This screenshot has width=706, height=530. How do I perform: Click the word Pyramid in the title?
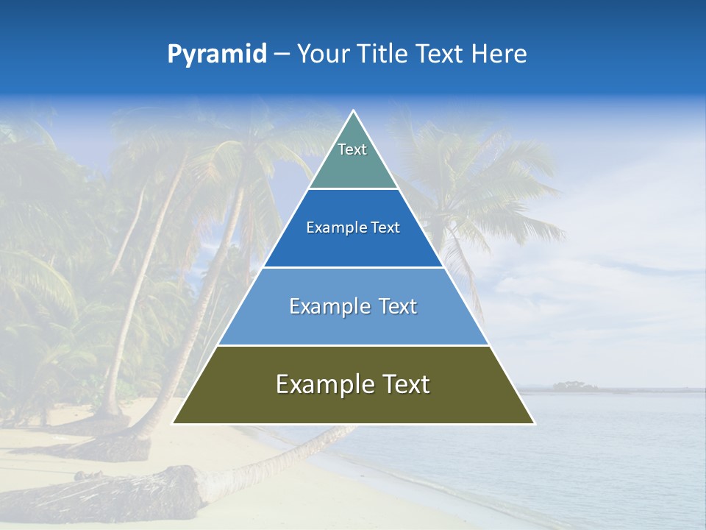click(x=216, y=54)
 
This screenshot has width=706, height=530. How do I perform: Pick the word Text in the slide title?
click(x=442, y=54)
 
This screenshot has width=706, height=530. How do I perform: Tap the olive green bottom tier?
click(x=353, y=405)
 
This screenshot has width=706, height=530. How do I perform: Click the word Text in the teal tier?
click(x=352, y=149)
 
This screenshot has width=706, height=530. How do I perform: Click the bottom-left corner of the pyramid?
click(x=173, y=423)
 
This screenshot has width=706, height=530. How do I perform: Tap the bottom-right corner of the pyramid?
click(x=534, y=423)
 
